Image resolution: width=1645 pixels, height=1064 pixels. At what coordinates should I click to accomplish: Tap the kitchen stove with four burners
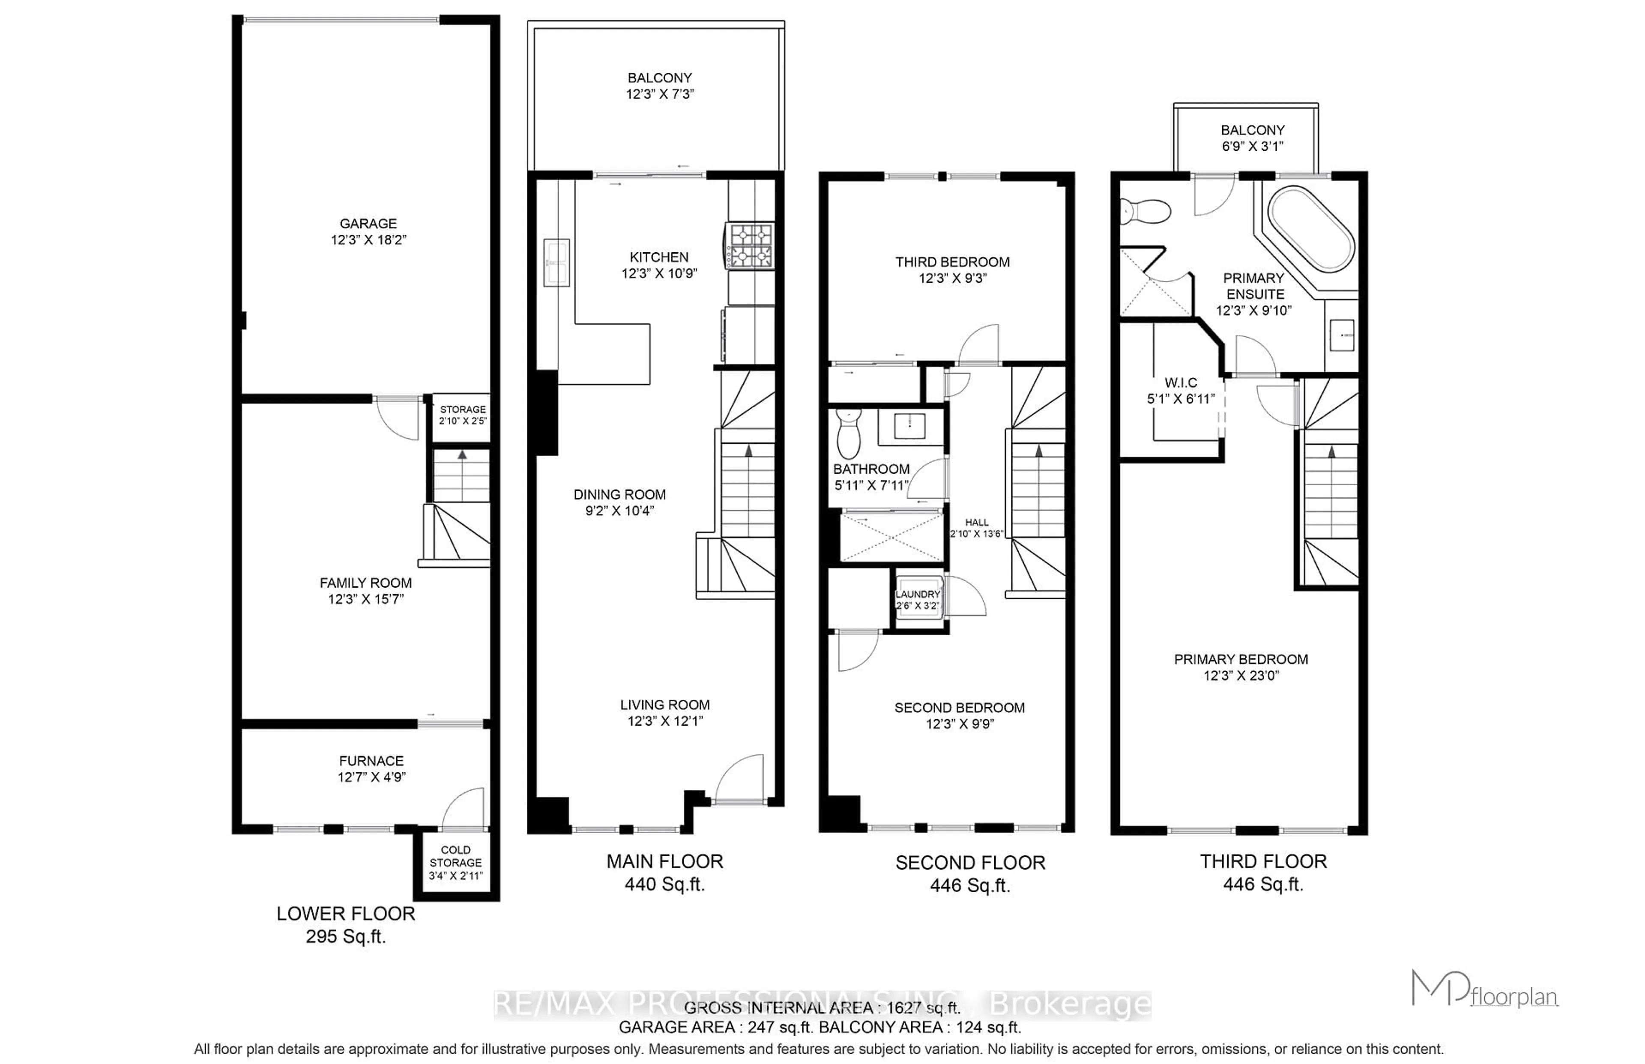[750, 246]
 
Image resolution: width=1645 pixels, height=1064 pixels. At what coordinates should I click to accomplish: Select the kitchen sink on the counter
[556, 263]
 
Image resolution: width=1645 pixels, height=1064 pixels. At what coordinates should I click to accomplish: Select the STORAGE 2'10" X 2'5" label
[462, 415]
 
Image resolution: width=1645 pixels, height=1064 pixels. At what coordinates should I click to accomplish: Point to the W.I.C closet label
[1181, 382]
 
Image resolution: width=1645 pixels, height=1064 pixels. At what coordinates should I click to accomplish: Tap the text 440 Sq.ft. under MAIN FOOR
[664, 885]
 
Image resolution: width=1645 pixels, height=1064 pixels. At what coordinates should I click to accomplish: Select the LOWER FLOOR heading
[345, 913]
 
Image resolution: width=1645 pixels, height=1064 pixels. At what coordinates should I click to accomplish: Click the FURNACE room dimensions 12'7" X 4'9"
[372, 777]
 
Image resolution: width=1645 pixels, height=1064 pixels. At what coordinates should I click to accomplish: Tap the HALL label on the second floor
[976, 522]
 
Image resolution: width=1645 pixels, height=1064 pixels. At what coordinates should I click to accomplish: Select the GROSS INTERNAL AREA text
[822, 1007]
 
